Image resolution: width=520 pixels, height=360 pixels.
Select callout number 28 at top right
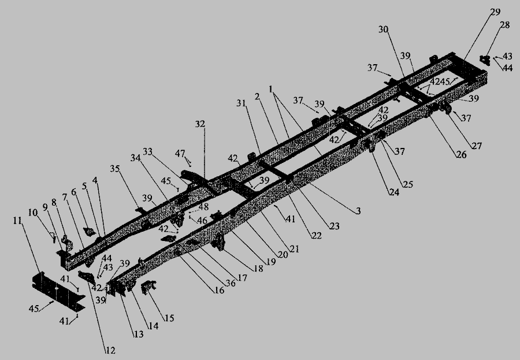[506, 25]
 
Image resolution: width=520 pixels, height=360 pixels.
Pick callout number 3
[358, 211]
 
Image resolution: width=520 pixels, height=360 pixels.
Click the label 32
[200, 124]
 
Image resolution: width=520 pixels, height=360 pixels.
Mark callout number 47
[181, 153]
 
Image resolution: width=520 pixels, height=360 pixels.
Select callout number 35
[114, 169]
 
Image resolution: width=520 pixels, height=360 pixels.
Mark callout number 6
[73, 191]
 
